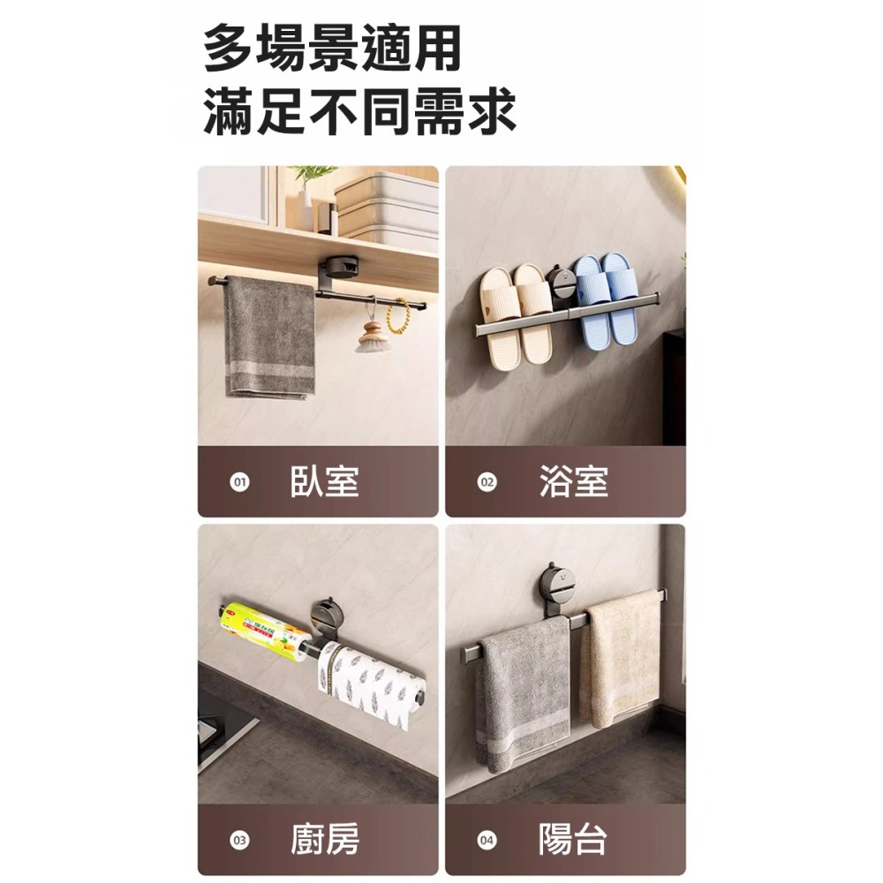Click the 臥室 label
[x=324, y=482]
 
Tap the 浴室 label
[x=573, y=482]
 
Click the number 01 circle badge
[x=237, y=483]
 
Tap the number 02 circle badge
[x=486, y=483]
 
